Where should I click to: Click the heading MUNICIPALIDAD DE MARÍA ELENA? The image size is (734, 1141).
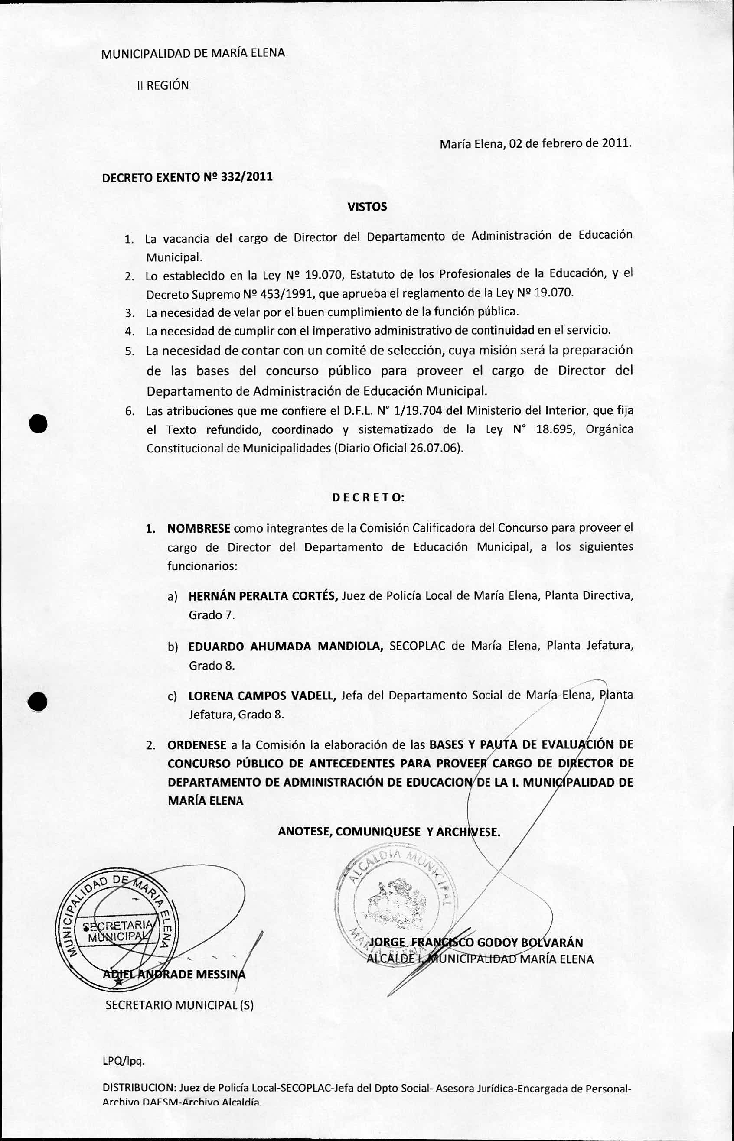[x=193, y=53]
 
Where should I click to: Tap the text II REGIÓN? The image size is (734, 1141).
[x=163, y=86]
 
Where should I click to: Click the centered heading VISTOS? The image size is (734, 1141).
[x=367, y=207]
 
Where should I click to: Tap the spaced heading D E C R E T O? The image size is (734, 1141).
[x=368, y=498]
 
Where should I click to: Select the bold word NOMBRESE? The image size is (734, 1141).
[x=199, y=528]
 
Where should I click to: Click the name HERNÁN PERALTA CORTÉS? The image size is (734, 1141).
[x=263, y=595]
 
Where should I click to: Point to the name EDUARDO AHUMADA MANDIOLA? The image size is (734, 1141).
[x=286, y=646]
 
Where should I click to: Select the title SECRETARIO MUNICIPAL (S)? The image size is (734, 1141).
[x=179, y=1005]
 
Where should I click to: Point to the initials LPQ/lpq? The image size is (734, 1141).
[x=123, y=1061]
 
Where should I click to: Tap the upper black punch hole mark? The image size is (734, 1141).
[x=38, y=423]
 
